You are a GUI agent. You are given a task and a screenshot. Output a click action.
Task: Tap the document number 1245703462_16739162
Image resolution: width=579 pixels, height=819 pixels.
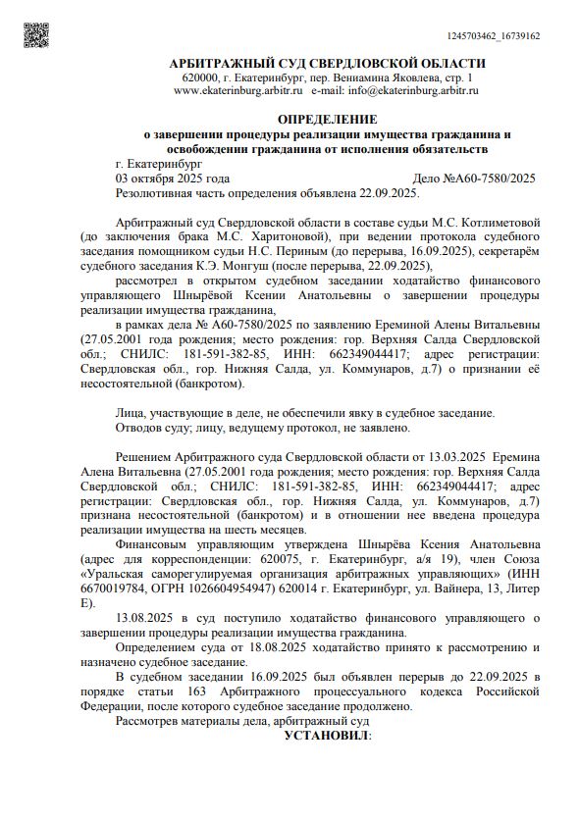tap(493, 35)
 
